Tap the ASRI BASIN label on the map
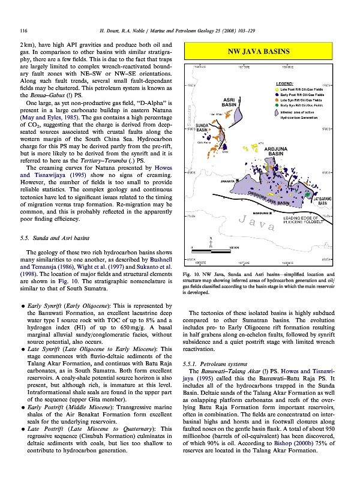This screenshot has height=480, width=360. [228, 102]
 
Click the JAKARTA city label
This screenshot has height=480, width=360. [226, 180]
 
